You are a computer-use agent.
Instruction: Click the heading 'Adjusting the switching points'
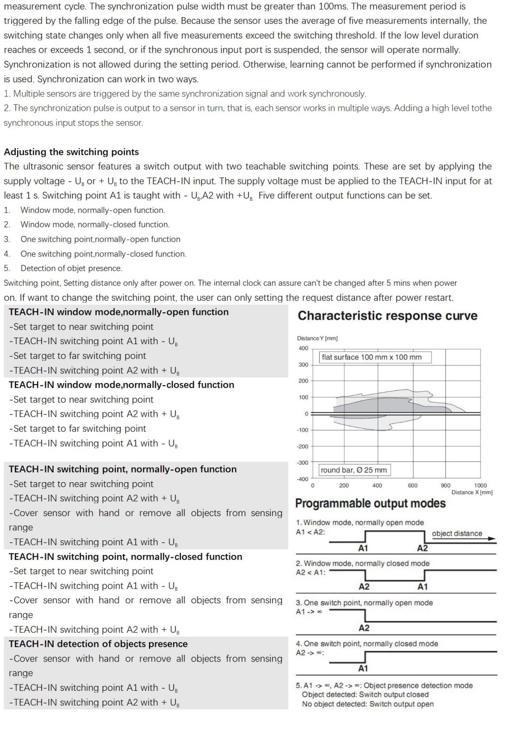(71, 152)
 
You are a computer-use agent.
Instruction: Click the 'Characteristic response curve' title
(387, 316)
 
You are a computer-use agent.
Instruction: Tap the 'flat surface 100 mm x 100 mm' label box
(372, 357)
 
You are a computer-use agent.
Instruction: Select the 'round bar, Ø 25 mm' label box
(354, 470)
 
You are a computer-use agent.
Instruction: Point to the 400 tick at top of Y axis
(303, 348)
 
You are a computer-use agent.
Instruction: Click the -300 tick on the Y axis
(302, 463)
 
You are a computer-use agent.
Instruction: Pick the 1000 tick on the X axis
(480, 485)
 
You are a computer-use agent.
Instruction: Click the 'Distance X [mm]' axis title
(472, 492)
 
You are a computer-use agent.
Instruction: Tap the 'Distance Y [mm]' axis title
(317, 338)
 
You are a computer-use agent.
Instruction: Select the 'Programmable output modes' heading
(370, 503)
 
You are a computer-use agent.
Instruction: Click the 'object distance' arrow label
(457, 534)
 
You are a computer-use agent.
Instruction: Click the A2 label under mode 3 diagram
(364, 628)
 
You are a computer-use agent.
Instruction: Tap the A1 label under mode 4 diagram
(363, 669)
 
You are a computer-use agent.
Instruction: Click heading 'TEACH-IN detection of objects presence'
(98, 644)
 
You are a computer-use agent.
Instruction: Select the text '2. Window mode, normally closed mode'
(363, 564)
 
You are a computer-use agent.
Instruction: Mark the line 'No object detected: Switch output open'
(368, 704)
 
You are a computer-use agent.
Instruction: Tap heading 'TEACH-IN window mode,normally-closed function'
(121, 385)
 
